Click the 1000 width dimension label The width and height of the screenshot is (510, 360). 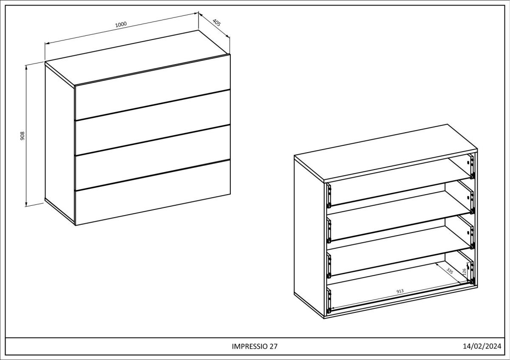(121, 24)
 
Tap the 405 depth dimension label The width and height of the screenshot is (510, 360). (216, 23)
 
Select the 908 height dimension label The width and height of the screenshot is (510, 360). (22, 136)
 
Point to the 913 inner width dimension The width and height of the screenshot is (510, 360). (400, 291)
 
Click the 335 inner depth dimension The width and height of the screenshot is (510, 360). (450, 271)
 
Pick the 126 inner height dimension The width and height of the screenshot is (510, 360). (465, 272)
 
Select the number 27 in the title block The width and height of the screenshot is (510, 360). (274, 346)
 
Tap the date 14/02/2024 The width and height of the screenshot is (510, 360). (482, 346)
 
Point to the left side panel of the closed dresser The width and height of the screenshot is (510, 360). (59, 144)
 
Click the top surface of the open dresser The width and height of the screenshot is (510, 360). (386, 153)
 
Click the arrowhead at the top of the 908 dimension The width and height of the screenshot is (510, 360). (26, 67)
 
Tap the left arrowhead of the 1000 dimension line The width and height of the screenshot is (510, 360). (47, 43)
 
